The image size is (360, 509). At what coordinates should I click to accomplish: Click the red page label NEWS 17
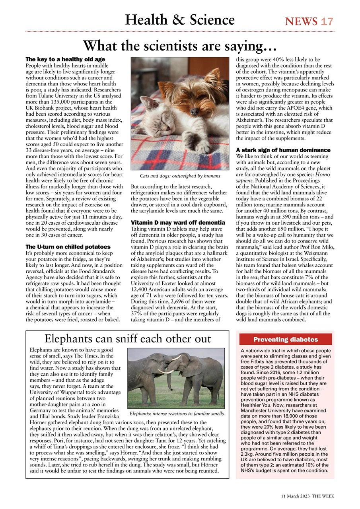tap(309, 21)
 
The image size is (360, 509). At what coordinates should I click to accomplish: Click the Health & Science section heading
tap(180, 19)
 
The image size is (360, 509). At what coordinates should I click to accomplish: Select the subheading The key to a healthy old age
tap(65, 59)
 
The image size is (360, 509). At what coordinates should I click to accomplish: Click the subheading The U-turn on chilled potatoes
tap(68, 247)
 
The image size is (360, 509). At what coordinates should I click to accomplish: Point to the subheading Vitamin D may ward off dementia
tap(178, 222)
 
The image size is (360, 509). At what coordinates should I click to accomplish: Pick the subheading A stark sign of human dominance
tap(283, 150)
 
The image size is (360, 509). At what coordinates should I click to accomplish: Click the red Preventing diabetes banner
tap(285, 339)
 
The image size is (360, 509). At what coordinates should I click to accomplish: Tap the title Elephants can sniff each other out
tap(128, 339)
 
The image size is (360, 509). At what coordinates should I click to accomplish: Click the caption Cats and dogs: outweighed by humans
tap(180, 176)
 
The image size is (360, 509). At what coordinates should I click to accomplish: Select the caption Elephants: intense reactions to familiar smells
tap(177, 414)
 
